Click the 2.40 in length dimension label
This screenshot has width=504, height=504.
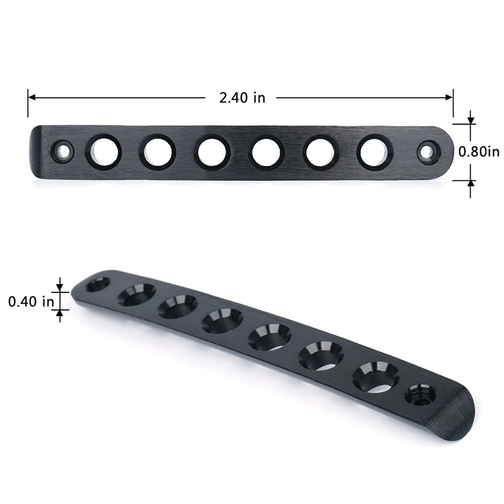click(x=243, y=98)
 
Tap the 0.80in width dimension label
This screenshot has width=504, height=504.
click(x=479, y=152)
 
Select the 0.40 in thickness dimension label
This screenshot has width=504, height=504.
click(x=31, y=302)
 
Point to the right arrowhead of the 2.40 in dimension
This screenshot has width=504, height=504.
click(x=449, y=98)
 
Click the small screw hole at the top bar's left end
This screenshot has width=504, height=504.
click(x=62, y=151)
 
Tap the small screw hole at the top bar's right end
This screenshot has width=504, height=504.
click(x=429, y=152)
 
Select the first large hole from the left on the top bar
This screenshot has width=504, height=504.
click(x=103, y=151)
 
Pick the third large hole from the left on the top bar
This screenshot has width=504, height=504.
click(x=212, y=152)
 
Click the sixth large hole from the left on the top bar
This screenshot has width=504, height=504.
click(x=374, y=152)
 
